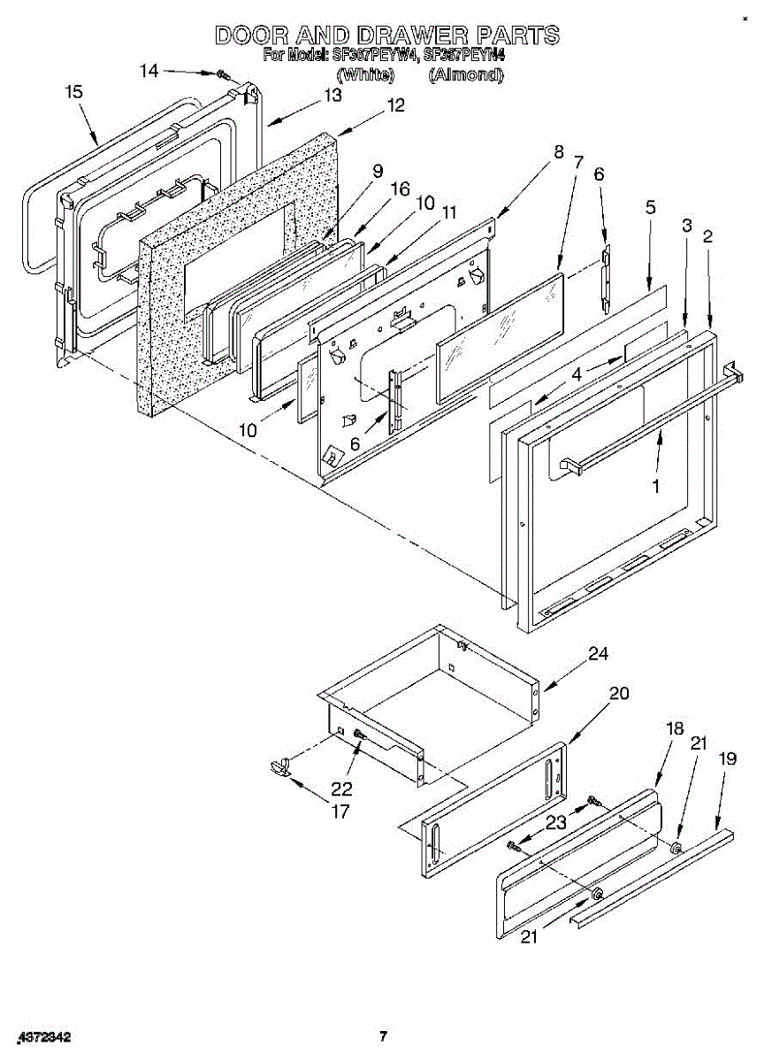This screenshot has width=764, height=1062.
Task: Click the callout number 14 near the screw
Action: (x=150, y=70)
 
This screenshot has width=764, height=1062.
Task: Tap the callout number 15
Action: (x=74, y=91)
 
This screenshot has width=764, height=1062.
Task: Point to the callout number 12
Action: (x=394, y=105)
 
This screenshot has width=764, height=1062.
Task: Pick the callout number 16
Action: (x=401, y=189)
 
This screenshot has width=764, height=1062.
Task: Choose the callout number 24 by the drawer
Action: (x=599, y=654)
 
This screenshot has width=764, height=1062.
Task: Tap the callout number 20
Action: (x=619, y=693)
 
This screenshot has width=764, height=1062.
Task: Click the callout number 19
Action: (x=727, y=758)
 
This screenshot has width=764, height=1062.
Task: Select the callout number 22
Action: (x=341, y=789)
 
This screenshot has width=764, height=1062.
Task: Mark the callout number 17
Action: (x=340, y=811)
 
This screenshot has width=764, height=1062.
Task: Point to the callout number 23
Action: (x=555, y=821)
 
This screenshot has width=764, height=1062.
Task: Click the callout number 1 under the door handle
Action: (x=655, y=486)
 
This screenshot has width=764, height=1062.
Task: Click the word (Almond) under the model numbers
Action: (x=465, y=75)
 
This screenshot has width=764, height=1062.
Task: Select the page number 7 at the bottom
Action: (x=382, y=1035)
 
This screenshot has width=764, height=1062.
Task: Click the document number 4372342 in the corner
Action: (x=43, y=1036)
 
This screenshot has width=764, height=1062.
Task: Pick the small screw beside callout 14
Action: (x=222, y=77)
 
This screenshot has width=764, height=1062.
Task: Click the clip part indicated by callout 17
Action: (x=280, y=765)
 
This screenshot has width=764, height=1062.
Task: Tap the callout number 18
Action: (x=675, y=728)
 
